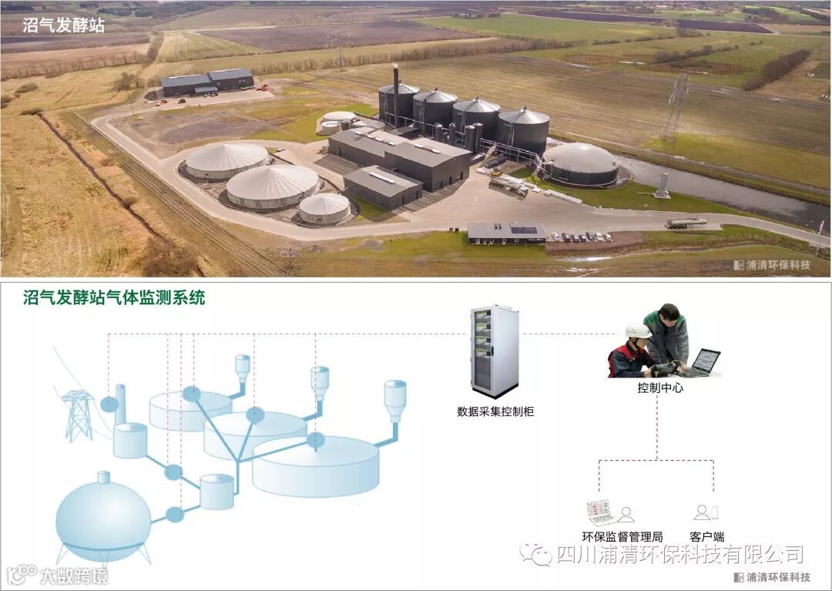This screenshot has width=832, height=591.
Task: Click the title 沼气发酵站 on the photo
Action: coord(64,25)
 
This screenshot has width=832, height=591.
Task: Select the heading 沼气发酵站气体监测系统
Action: coord(114,298)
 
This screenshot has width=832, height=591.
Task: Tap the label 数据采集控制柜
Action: coord(495,411)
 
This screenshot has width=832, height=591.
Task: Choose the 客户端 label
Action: coord(707,536)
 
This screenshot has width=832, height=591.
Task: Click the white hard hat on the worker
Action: coord(637,331)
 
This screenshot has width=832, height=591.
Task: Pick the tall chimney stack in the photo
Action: coord(396,92)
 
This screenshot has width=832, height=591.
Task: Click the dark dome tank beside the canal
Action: coord(581,164)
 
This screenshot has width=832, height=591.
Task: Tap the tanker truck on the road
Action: coord(686,223)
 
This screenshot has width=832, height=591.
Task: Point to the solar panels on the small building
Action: coord(524,230)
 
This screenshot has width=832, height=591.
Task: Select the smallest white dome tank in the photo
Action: coord(324,208)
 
